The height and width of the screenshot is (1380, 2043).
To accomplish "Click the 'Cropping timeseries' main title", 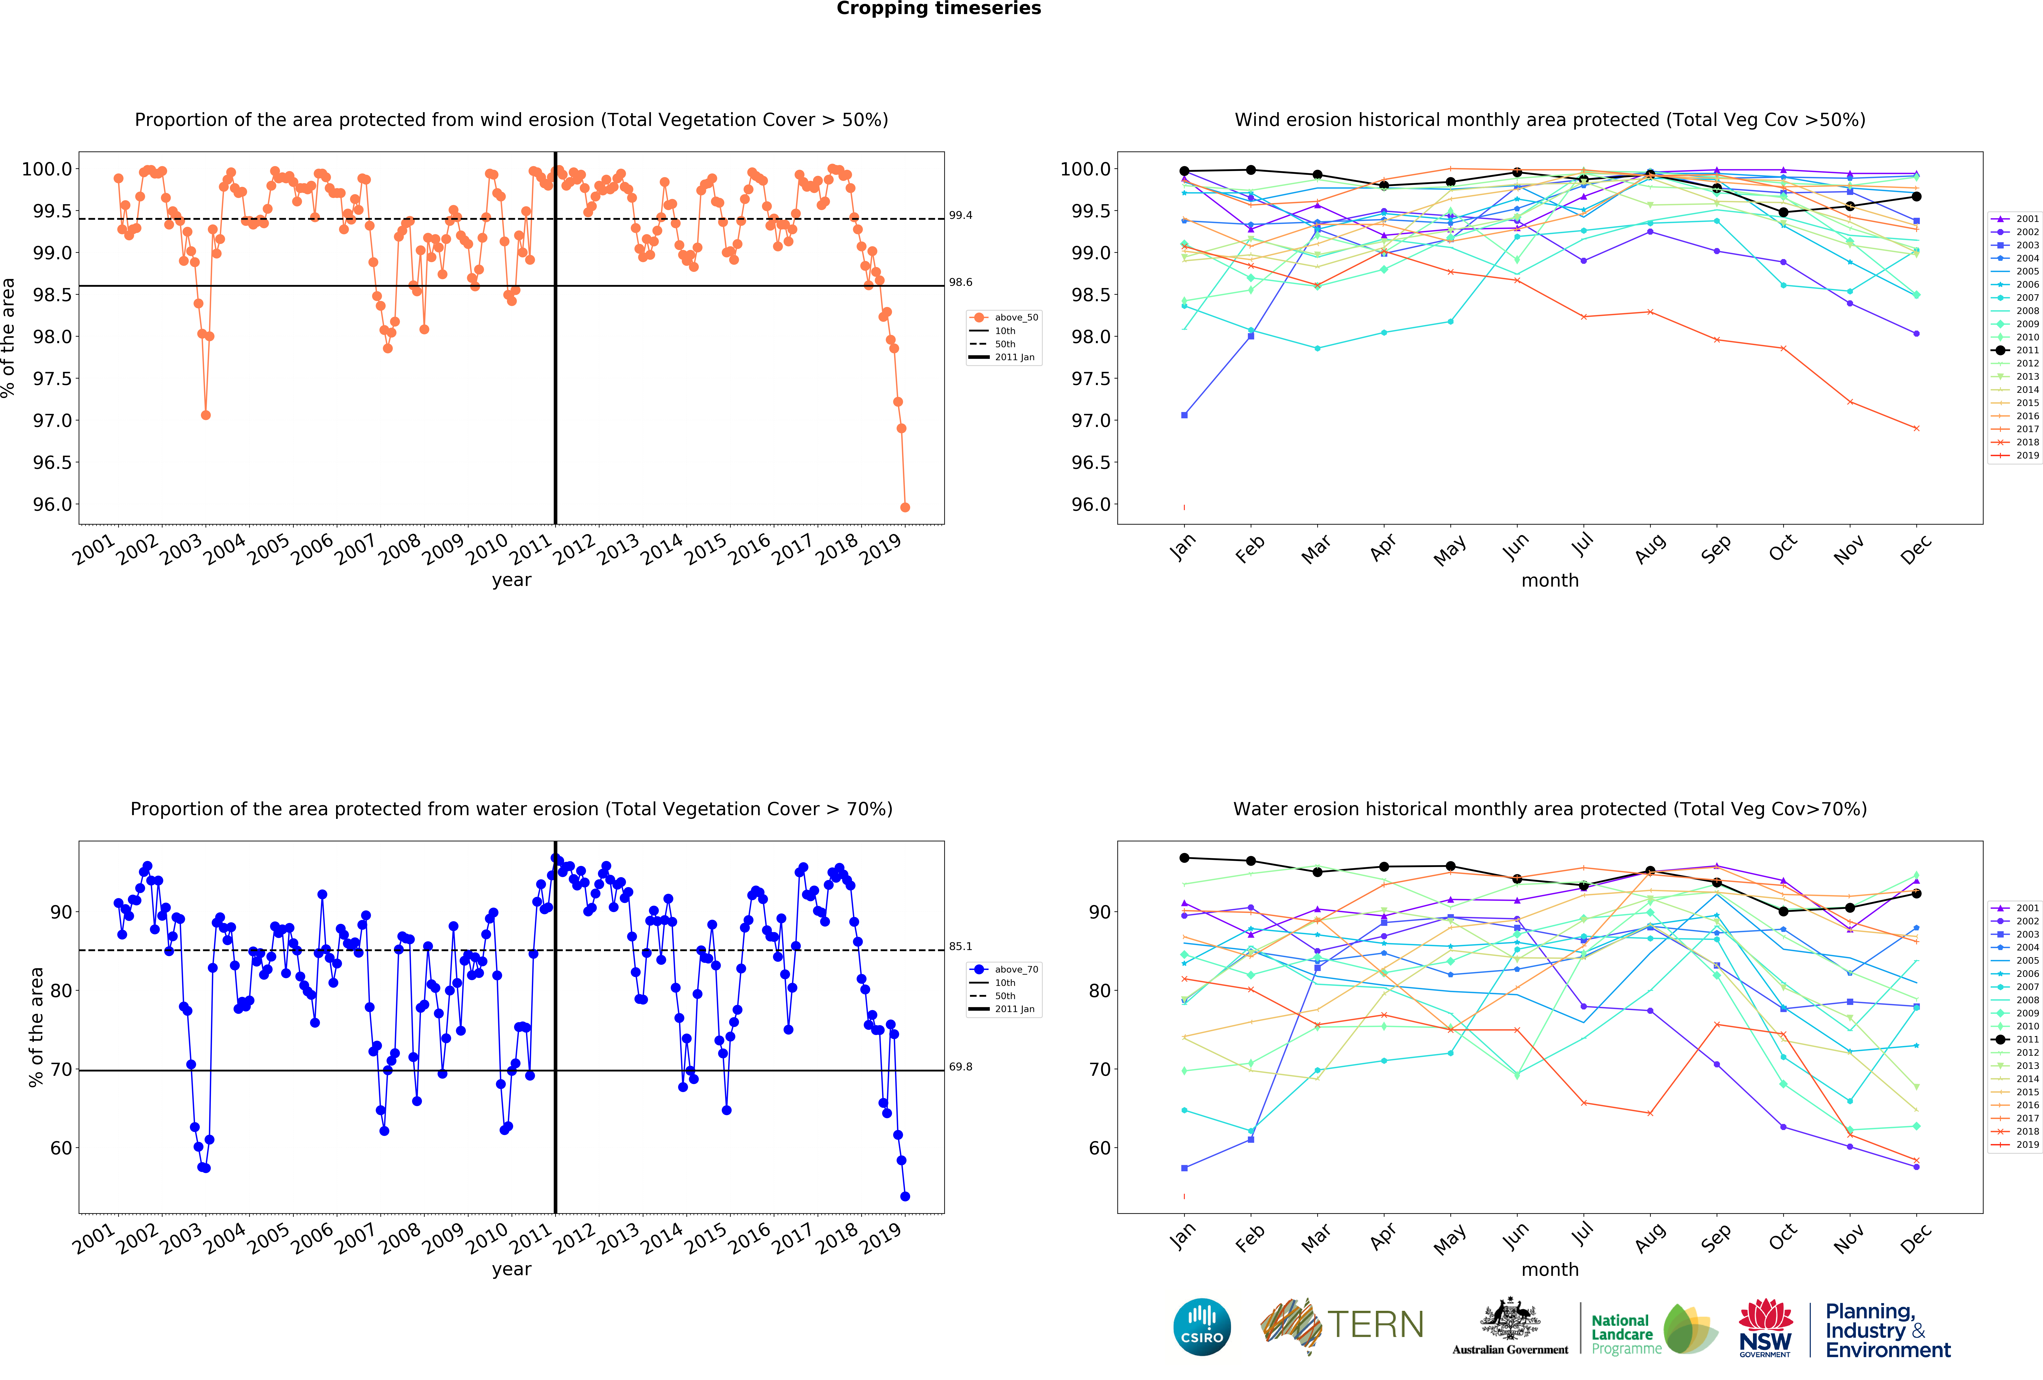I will pos(938,9).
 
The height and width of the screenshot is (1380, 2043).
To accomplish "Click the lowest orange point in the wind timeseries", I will pos(905,507).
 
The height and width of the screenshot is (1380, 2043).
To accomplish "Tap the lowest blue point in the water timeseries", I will pos(905,1196).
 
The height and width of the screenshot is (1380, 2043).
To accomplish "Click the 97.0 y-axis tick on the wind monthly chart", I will pos(1090,420).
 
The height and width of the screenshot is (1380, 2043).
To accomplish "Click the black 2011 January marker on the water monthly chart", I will pos(1184,858).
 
